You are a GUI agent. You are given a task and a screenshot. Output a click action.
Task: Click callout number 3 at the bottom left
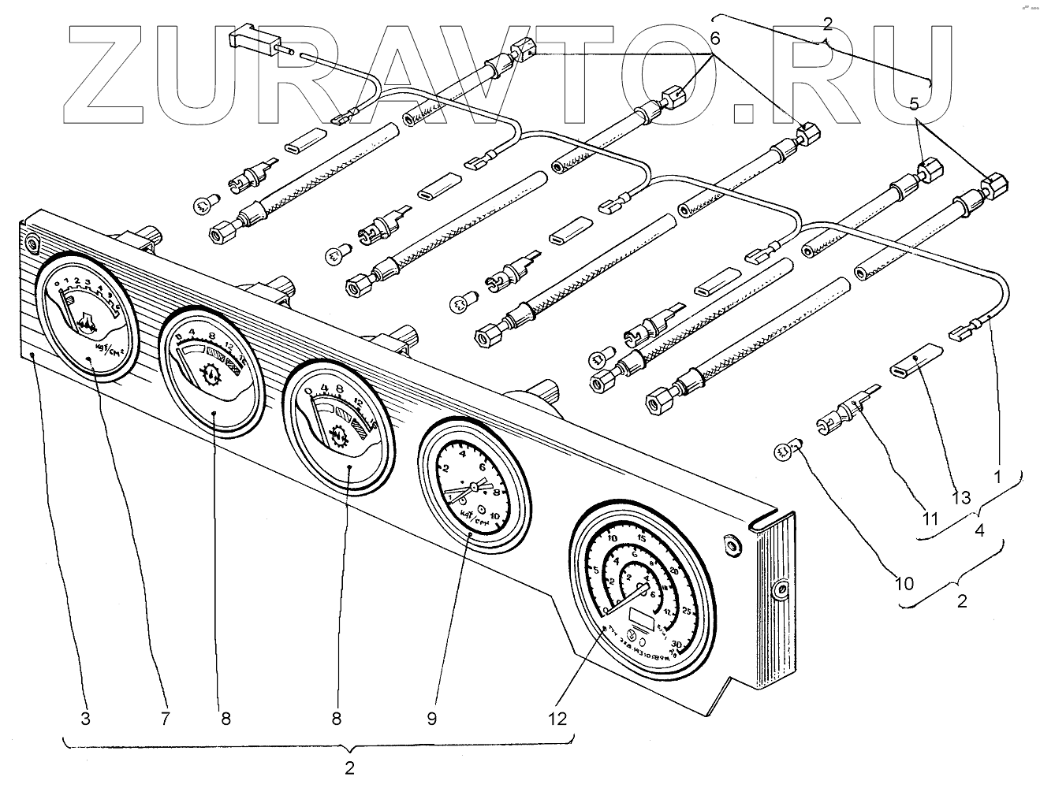[x=85, y=719]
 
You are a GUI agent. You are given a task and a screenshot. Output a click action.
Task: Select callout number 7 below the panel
[x=165, y=719]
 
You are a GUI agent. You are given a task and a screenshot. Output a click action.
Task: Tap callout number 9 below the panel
[x=431, y=719]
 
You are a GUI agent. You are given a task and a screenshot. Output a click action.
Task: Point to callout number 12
[x=558, y=719]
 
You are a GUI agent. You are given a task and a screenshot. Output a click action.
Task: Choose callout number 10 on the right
[x=904, y=583]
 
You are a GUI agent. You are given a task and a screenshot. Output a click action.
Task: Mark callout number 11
[x=930, y=519]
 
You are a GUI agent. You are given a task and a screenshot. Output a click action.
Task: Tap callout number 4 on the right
[x=979, y=530]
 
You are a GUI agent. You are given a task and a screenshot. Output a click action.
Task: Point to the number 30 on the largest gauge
[x=677, y=644]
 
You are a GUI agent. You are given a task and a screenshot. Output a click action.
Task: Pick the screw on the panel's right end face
[x=781, y=589]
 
